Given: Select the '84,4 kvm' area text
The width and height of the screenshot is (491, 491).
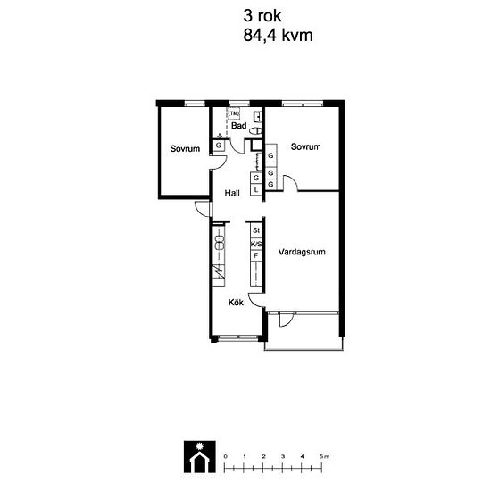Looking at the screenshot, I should pyautogui.click(x=277, y=36).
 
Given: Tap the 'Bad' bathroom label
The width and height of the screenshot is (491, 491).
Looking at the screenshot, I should pyautogui.click(x=238, y=127).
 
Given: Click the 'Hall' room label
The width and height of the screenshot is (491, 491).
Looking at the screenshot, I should pyautogui.click(x=232, y=193).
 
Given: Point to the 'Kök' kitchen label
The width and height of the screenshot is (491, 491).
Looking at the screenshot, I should pyautogui.click(x=236, y=303).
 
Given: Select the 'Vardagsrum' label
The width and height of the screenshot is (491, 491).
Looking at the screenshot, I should pyautogui.click(x=301, y=253).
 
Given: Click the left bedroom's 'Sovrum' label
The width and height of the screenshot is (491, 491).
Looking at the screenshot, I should pyautogui.click(x=185, y=148).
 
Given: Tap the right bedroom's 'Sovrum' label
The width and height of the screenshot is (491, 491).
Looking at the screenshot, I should pyautogui.click(x=305, y=146).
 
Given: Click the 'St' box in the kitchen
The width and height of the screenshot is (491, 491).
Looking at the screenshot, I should pyautogui.click(x=256, y=231).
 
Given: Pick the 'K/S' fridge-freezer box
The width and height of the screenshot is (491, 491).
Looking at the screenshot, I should pyautogui.click(x=256, y=244).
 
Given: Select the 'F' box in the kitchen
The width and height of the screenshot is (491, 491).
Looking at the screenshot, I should pyautogui.click(x=256, y=256).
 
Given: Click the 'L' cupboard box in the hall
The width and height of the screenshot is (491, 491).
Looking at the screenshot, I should pyautogui.click(x=256, y=189).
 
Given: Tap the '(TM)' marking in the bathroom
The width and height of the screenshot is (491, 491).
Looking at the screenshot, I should pyautogui.click(x=234, y=113).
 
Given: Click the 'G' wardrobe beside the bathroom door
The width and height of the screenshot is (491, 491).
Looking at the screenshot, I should pyautogui.click(x=218, y=146).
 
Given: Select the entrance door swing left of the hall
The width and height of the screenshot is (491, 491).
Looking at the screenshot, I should pyautogui.click(x=204, y=211).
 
